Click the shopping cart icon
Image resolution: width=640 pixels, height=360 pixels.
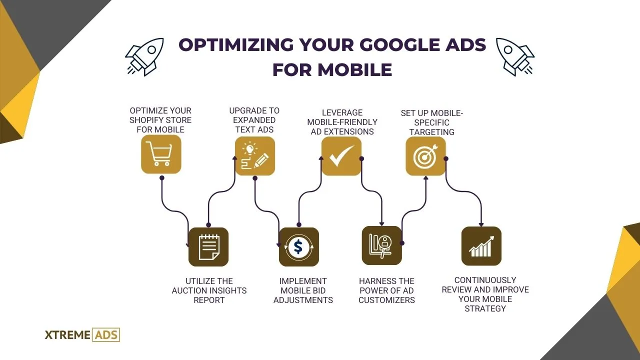(160, 154)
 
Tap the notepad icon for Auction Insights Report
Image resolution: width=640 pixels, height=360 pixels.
(208, 247)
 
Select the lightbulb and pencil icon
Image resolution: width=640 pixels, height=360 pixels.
(255, 156)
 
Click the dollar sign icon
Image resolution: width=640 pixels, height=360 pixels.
(298, 247)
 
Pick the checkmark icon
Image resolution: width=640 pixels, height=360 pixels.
(341, 156)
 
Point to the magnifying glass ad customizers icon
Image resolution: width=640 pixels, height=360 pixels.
(381, 245)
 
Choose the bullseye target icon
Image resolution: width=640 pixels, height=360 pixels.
(425, 156)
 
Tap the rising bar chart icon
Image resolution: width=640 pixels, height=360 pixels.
(481, 246)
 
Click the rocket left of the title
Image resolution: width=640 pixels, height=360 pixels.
(144, 56)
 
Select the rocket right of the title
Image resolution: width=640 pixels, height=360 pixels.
(515, 56)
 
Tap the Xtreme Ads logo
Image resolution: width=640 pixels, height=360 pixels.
(82, 334)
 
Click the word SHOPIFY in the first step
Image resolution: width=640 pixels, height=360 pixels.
(150, 120)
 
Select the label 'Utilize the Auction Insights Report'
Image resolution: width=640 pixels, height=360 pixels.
(209, 290)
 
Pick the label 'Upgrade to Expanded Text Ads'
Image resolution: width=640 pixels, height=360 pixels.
(254, 120)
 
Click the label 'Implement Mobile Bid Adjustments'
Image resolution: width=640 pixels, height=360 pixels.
(303, 290)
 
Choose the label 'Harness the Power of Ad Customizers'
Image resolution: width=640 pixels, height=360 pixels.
(386, 290)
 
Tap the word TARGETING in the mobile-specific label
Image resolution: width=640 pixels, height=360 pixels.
(432, 132)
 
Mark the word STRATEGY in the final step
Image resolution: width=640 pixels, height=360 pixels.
(485, 308)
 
